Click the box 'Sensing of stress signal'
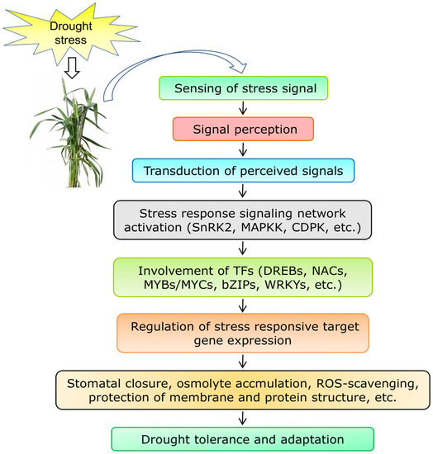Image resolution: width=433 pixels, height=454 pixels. coord(241,87)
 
